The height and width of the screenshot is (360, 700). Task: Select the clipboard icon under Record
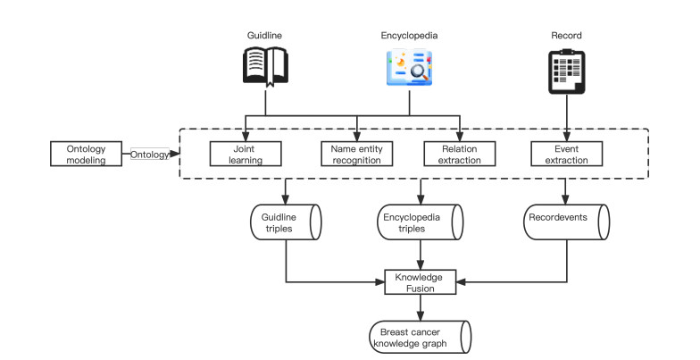[567, 70]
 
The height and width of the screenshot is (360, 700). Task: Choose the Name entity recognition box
[357, 154]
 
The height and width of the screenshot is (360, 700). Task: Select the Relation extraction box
[459, 154]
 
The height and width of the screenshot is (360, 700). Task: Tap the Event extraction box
[567, 154]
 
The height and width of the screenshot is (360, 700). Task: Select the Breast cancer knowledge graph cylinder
[418, 338]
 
